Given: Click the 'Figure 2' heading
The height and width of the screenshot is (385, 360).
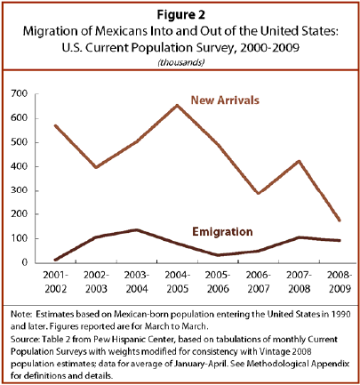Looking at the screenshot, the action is pyautogui.click(x=180, y=14).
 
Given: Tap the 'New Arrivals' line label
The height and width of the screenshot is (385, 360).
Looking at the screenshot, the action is pyautogui.click(x=225, y=100).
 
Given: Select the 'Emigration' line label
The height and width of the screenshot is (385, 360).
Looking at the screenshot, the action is pyautogui.click(x=222, y=231).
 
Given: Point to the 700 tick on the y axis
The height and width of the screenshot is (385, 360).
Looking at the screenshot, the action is pyautogui.click(x=20, y=94).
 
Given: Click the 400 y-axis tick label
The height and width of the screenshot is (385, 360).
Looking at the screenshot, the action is pyautogui.click(x=20, y=166).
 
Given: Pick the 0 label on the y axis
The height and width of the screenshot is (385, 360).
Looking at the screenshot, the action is pyautogui.click(x=24, y=262).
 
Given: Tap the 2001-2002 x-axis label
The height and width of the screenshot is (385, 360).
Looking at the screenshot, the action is pyautogui.click(x=56, y=282).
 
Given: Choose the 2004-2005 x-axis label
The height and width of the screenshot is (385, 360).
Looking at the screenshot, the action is pyautogui.click(x=177, y=282).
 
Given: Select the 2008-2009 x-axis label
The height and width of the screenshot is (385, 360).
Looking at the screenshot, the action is pyautogui.click(x=340, y=282).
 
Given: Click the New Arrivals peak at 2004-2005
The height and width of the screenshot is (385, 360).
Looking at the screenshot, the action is pyautogui.click(x=177, y=105).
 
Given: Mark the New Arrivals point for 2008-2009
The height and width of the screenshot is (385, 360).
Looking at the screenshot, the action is pyautogui.click(x=340, y=221).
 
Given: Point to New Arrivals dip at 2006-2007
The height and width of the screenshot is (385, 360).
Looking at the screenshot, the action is pyautogui.click(x=259, y=193).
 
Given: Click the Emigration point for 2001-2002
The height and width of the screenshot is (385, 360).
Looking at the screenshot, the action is pyautogui.click(x=56, y=260).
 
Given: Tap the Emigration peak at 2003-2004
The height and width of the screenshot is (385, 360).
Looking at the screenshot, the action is pyautogui.click(x=137, y=229).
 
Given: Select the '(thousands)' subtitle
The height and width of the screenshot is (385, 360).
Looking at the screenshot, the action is pyautogui.click(x=181, y=62).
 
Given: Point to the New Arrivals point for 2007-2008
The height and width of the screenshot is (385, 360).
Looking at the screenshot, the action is pyautogui.click(x=299, y=162).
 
